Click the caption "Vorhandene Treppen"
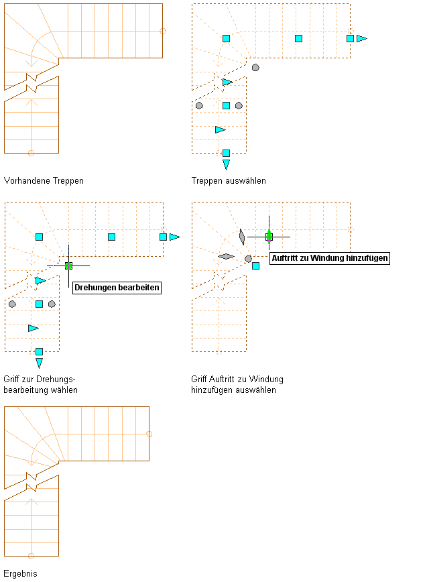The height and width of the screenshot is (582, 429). pyautogui.click(x=44, y=180)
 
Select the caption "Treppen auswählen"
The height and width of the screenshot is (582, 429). pyautogui.click(x=229, y=180)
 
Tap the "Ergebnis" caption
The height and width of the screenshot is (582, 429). pyautogui.click(x=20, y=573)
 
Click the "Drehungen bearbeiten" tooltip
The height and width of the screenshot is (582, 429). pyautogui.click(x=117, y=287)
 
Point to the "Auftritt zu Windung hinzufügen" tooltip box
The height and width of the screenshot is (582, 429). pyautogui.click(x=329, y=257)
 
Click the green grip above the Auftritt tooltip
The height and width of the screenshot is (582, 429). pyautogui.click(x=269, y=237)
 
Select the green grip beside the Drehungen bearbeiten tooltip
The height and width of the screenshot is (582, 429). pyautogui.click(x=68, y=266)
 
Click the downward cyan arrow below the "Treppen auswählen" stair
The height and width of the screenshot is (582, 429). pyautogui.click(x=226, y=164)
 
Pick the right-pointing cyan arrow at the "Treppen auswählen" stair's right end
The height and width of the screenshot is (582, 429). pyautogui.click(x=362, y=38)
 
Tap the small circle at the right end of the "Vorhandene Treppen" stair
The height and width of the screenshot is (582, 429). pyautogui.click(x=163, y=31)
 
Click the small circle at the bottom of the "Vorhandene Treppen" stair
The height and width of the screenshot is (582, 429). pyautogui.click(x=31, y=153)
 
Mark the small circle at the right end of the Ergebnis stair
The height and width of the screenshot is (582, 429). pyautogui.click(x=149, y=434)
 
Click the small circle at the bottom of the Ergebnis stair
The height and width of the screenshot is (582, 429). pyautogui.click(x=31, y=556)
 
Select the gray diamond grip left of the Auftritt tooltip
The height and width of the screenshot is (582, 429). pyautogui.click(x=226, y=255)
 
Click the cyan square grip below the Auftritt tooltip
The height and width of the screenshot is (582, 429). pyautogui.click(x=255, y=266)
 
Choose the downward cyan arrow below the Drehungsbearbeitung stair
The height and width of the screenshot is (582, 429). pyautogui.click(x=39, y=363)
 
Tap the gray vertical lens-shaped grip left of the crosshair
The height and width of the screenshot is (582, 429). pyautogui.click(x=241, y=237)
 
